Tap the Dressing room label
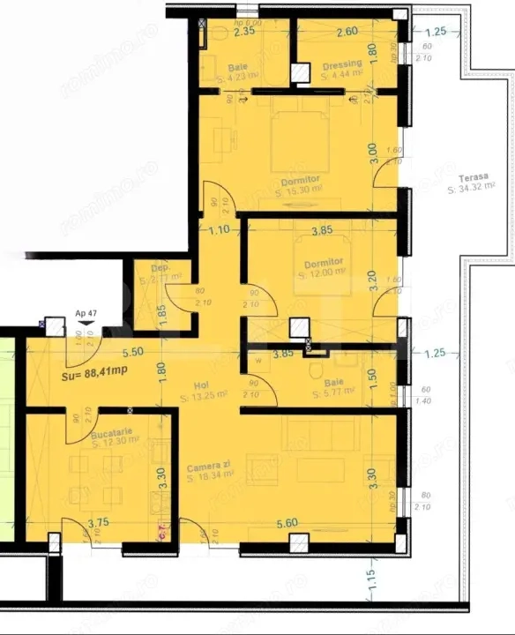point(341,63)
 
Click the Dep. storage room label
point(160,267)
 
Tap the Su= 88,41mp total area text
point(95,372)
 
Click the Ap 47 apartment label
point(86,313)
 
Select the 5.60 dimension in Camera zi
point(287,523)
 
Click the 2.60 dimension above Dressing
point(347,32)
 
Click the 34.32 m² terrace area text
point(471,188)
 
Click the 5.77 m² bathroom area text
point(334,390)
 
